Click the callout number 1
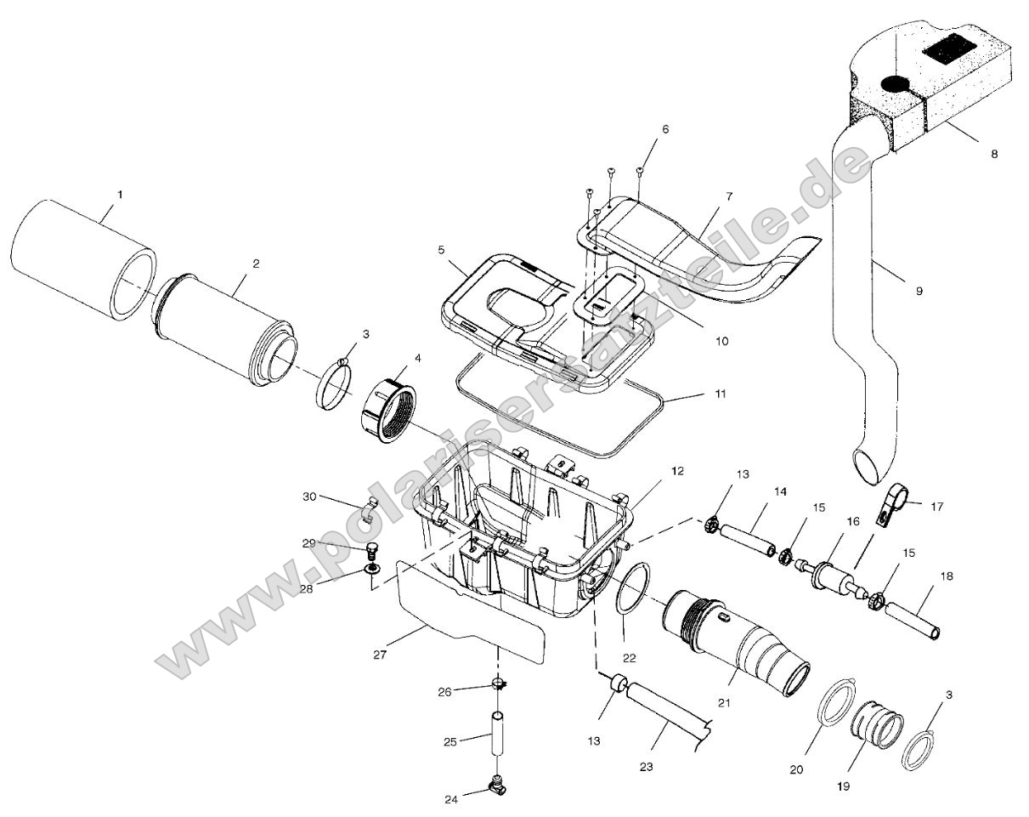[120, 195]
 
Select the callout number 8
[993, 154]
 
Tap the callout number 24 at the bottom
[450, 799]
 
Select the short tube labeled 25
[495, 736]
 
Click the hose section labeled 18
[912, 621]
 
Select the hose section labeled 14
[746, 542]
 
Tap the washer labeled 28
[373, 568]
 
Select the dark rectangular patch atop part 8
[946, 49]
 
